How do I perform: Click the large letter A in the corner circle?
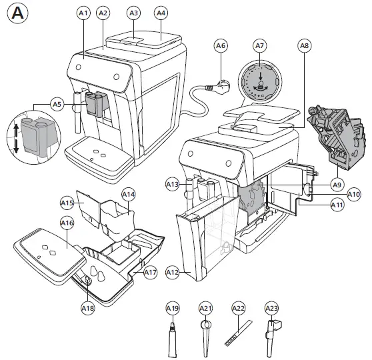point(17,13)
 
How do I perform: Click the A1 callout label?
point(83,13)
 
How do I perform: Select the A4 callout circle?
point(161,13)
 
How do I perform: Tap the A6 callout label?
point(221,45)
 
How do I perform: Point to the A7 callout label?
point(260,45)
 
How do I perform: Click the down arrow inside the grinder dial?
point(261,76)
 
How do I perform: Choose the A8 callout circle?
point(305,45)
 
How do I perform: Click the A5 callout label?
point(57,104)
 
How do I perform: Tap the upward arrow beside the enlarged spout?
point(16,130)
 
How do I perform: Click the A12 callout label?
point(172,272)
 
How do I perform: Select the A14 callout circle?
point(129,195)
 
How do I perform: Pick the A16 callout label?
point(67,223)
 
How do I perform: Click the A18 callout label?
point(88,308)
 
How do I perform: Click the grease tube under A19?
point(173,340)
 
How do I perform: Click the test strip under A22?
point(238,333)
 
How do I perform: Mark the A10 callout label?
point(353,195)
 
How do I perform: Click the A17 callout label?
point(151,272)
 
